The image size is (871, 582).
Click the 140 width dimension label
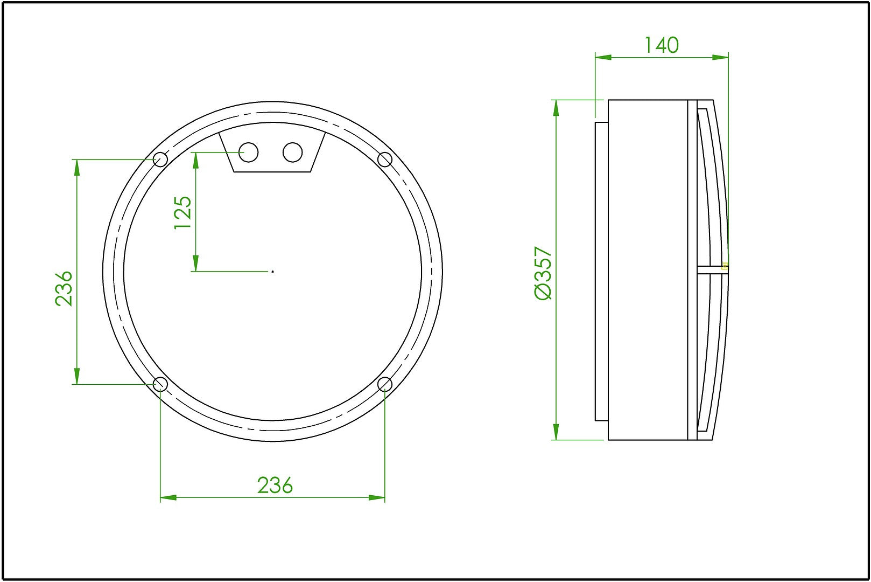coord(662,45)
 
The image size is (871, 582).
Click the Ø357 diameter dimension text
coord(543,273)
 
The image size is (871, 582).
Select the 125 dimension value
coord(182,212)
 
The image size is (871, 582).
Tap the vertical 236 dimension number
coord(64,288)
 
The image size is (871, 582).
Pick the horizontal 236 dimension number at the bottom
coord(275,486)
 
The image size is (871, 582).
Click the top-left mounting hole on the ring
coord(160,160)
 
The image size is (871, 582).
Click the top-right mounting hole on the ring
coord(384,160)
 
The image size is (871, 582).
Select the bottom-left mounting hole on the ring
coord(160,384)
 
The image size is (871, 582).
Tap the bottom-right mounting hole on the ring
coord(384,384)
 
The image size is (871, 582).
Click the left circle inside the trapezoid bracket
coord(249,152)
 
